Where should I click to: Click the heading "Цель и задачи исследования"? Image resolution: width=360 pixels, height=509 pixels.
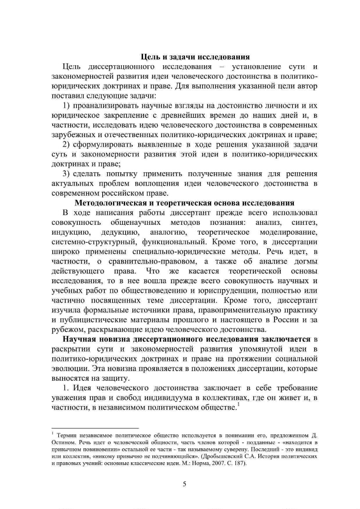(195, 57)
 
